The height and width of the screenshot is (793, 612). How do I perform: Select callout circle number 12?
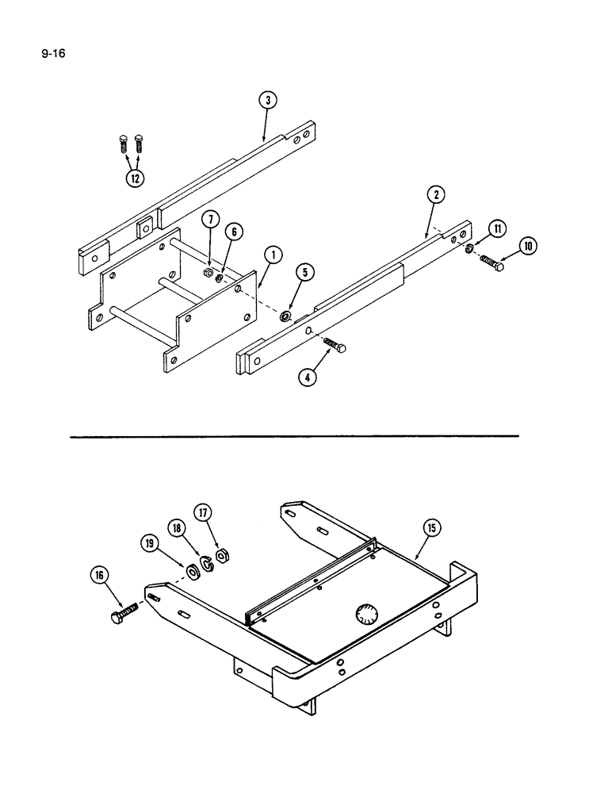tap(135, 178)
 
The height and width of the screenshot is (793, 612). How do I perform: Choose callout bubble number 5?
tap(305, 274)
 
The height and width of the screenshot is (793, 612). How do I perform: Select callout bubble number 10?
tap(527, 246)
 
